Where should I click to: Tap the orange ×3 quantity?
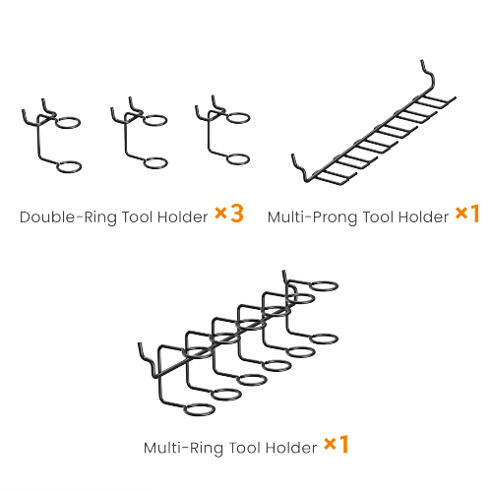pos(229,214)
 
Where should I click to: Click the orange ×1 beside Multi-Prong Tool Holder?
pos(467,214)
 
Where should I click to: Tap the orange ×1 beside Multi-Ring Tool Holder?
pos(337,445)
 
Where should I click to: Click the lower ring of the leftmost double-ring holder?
pos(69,166)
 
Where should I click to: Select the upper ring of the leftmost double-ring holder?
pos(68,123)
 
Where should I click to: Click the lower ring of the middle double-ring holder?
pos(155,163)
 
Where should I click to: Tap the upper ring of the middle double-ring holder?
pos(155,120)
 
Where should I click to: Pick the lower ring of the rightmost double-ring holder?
pos(238,159)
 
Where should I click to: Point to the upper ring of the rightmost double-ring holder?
pos(238,118)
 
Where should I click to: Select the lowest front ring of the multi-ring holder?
pos(200,409)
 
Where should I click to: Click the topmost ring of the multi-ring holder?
pos(324,286)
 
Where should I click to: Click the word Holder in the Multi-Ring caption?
pos(291,448)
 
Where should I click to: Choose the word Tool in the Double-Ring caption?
pos(138,217)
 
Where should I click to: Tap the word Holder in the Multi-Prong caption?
pos(423,217)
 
